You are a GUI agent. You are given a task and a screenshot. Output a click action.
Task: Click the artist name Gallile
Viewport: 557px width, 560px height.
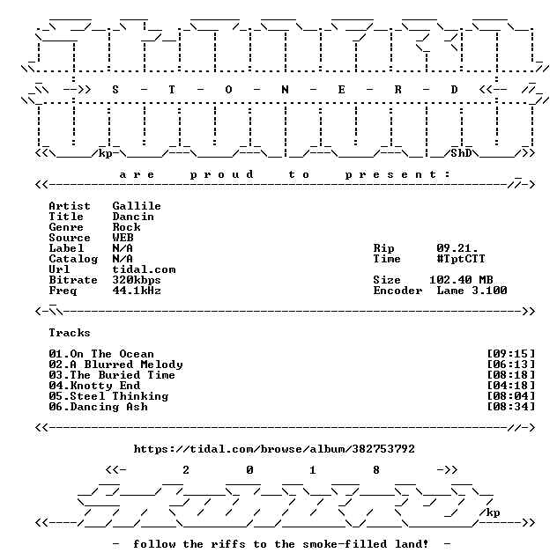tap(137, 206)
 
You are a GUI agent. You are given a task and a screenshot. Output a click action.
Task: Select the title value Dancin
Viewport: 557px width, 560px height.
tap(133, 217)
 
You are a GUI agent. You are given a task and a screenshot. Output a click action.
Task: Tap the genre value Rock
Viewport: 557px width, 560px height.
tap(127, 227)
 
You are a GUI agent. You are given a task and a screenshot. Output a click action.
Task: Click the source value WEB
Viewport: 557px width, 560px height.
tap(123, 238)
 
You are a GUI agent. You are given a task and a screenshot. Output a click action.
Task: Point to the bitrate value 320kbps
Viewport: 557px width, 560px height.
tap(137, 280)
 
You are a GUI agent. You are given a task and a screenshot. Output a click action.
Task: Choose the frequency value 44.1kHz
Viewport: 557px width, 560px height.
tap(137, 291)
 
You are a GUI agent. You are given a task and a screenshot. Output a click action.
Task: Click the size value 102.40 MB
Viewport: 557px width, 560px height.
tap(461, 280)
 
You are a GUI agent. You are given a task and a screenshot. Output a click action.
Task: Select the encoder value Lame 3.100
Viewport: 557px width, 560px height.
tap(472, 291)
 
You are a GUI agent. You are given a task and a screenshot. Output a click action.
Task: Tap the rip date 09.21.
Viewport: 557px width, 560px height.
tap(457, 248)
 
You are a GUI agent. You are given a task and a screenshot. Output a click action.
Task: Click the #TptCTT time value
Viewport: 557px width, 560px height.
tap(461, 259)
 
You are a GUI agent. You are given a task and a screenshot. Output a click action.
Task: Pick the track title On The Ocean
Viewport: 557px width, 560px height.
tap(112, 354)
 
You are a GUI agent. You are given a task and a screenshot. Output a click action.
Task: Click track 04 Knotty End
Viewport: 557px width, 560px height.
tap(94, 386)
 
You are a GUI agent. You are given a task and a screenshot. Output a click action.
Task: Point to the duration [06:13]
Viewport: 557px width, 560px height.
tap(511, 365)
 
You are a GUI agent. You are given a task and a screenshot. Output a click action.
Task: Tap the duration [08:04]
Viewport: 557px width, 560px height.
tap(511, 396)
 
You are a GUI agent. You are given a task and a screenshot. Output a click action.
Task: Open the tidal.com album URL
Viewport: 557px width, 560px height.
tap(274, 449)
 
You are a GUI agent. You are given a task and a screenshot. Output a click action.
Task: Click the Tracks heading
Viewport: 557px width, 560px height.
tap(70, 333)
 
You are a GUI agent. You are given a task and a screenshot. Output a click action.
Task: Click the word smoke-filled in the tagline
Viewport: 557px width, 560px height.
tap(345, 544)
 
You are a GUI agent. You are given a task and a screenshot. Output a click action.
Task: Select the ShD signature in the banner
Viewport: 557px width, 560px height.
tap(461, 153)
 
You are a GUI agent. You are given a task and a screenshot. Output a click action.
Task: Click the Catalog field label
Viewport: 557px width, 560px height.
tap(73, 259)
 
